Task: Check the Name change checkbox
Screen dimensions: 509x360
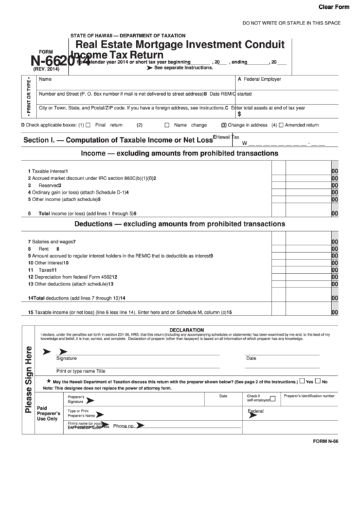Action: (167, 125)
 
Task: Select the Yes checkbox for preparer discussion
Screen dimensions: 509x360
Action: (302, 381)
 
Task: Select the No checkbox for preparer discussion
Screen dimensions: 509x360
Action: (318, 381)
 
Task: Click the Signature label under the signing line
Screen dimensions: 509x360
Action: (67, 358)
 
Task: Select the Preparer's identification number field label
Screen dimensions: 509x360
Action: (309, 396)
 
